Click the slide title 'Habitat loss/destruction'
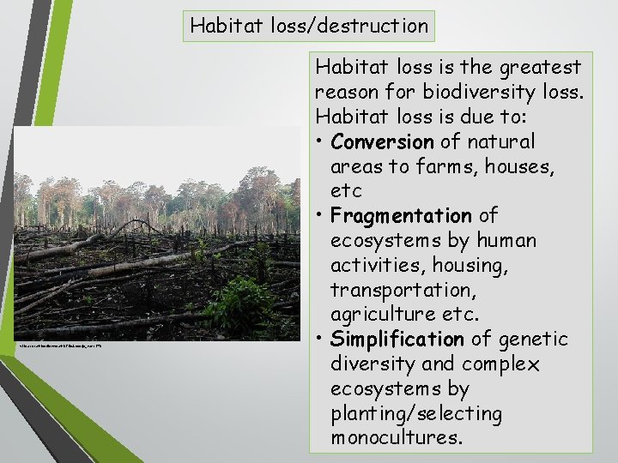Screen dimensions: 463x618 click(309, 26)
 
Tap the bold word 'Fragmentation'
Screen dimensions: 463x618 click(401, 215)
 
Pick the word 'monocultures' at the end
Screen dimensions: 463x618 click(397, 438)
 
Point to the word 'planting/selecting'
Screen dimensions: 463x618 click(416, 413)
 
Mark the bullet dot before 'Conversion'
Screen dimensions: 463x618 click(319, 142)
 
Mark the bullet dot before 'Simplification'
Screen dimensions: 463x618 click(319, 340)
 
